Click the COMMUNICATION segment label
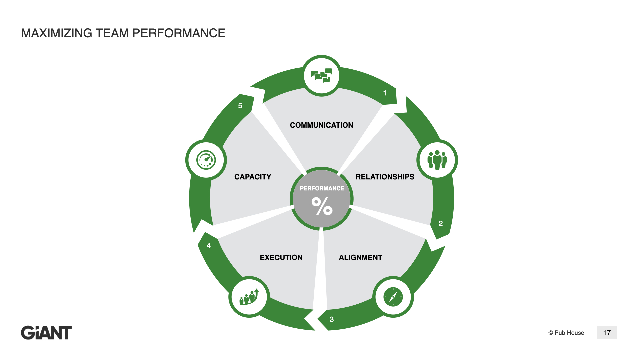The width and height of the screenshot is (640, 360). tap(321, 125)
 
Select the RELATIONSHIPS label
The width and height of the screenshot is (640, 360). tap(385, 177)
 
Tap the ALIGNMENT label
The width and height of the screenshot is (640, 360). tap(360, 257)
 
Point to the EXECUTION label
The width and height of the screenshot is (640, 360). tap(281, 257)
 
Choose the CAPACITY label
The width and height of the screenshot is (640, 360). tap(253, 177)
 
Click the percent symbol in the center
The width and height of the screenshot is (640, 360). tap(322, 206)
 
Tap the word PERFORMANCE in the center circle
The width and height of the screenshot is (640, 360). tap(322, 188)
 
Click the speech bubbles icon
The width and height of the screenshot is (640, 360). tap(322, 76)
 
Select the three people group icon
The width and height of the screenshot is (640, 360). tap(437, 160)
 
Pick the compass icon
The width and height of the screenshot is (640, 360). tap(393, 297)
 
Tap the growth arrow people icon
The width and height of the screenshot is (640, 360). tap(249, 297)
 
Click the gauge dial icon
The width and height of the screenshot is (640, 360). tap(206, 160)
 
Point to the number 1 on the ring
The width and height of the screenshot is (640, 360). tap(385, 93)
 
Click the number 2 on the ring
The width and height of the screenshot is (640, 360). tap(441, 223)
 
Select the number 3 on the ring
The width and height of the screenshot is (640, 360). tap(332, 319)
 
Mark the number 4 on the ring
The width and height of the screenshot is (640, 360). tap(209, 246)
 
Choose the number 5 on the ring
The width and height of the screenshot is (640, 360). tap(240, 106)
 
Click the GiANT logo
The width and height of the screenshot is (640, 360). tap(46, 333)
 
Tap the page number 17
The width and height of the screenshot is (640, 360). tap(607, 333)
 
